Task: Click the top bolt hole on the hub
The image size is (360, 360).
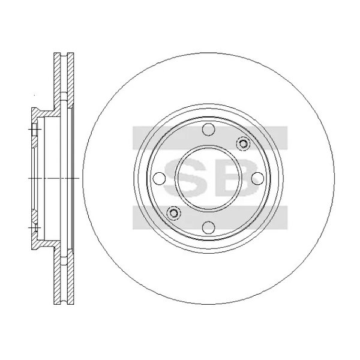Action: (208, 130)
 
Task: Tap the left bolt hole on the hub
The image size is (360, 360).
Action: (159, 178)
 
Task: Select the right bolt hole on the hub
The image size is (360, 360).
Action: (256, 178)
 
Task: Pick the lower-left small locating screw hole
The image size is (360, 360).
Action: (173, 213)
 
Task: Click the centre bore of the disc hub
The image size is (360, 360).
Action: (208, 178)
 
